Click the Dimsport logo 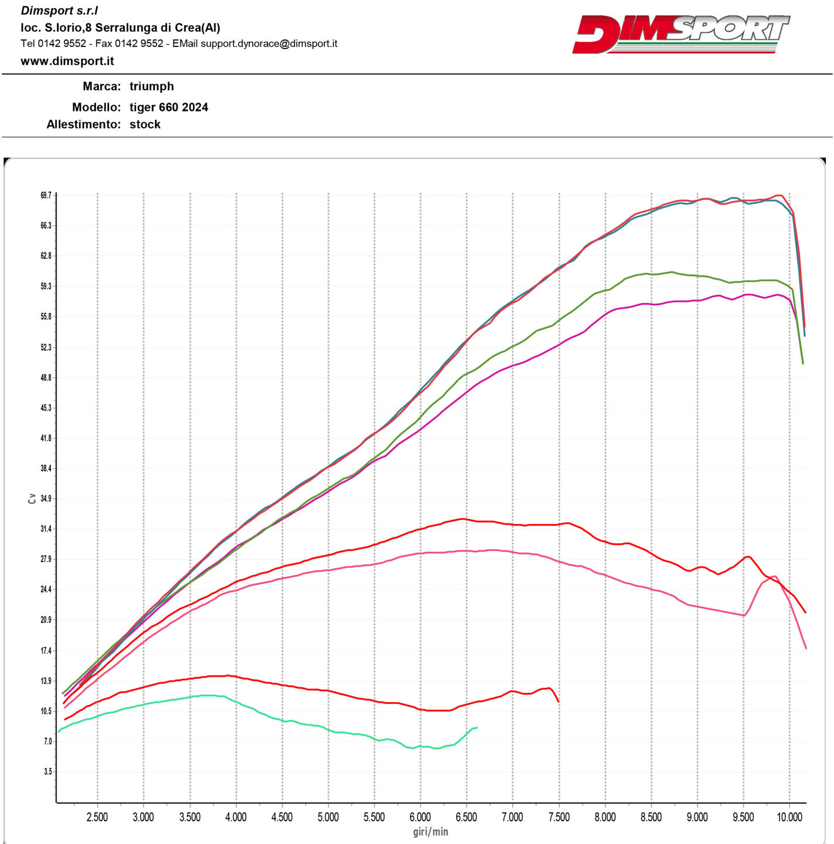pyautogui.click(x=680, y=33)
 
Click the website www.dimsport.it pyautogui.click(x=67, y=61)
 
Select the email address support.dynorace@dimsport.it pyautogui.click(x=269, y=43)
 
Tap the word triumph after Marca pyautogui.click(x=151, y=86)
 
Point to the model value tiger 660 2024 pyautogui.click(x=168, y=107)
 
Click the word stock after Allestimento pyautogui.click(x=145, y=124)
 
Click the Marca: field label pyautogui.click(x=101, y=86)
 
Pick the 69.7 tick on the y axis pyautogui.click(x=46, y=195)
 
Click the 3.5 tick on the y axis pyautogui.click(x=47, y=772)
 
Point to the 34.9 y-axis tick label pyautogui.click(x=46, y=499)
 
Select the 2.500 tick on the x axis pyautogui.click(x=97, y=817)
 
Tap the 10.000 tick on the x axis pyautogui.click(x=789, y=817)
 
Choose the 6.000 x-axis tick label pyautogui.click(x=420, y=817)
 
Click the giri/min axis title pyautogui.click(x=430, y=832)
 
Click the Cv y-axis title pyautogui.click(x=32, y=499)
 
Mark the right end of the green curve pyautogui.click(x=803, y=363)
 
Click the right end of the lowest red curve pyautogui.click(x=559, y=702)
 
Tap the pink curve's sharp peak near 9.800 pyautogui.click(x=774, y=576)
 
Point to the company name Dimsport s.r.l pyautogui.click(x=59, y=11)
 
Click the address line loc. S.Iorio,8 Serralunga pyautogui.click(x=120, y=28)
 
